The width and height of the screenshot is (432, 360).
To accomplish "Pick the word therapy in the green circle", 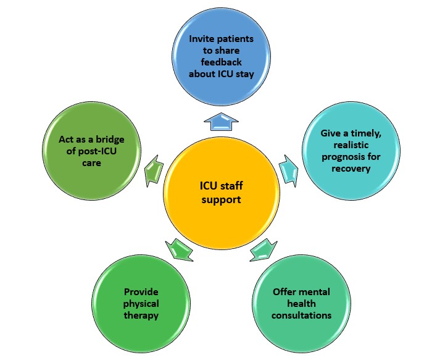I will (x=141, y=316).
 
